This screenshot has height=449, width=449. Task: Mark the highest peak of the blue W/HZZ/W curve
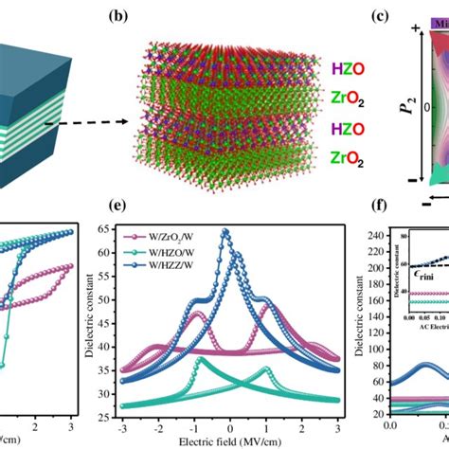224,231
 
